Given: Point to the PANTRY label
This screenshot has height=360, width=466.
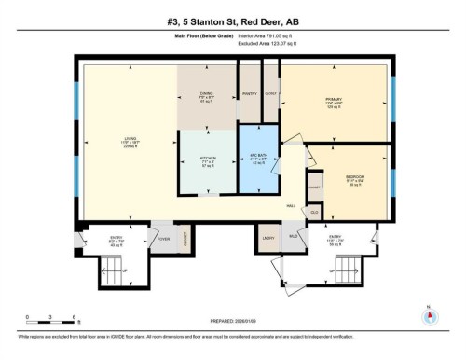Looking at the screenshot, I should (x=249, y=93).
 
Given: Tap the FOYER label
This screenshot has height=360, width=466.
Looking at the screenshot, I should (x=161, y=237).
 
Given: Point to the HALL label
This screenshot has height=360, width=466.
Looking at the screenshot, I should (x=291, y=206).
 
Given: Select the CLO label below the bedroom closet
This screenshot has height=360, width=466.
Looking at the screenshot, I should (x=314, y=211).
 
